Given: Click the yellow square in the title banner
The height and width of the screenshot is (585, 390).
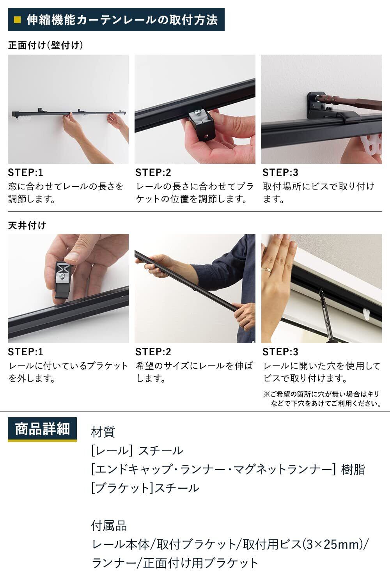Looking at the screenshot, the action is tap(17, 20).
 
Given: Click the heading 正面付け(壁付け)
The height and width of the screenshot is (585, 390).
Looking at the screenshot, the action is tap(46, 45).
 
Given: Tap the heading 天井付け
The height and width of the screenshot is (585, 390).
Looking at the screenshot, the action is tap(27, 225).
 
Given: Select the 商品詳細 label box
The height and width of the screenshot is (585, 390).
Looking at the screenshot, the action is tap(43, 429).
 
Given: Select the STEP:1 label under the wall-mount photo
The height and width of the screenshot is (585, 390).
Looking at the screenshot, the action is tap(25, 172).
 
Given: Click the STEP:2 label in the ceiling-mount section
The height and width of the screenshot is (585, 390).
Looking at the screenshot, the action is tap(153, 352).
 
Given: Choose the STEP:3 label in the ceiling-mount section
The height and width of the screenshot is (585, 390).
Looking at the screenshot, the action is tap(280, 352).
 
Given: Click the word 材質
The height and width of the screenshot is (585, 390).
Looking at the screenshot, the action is tap(103, 432).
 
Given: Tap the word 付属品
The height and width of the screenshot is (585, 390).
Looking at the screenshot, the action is tap(109, 526).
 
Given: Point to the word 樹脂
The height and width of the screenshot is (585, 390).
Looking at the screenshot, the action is tap(353, 469).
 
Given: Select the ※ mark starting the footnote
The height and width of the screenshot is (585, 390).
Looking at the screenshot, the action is tap(267, 394).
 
